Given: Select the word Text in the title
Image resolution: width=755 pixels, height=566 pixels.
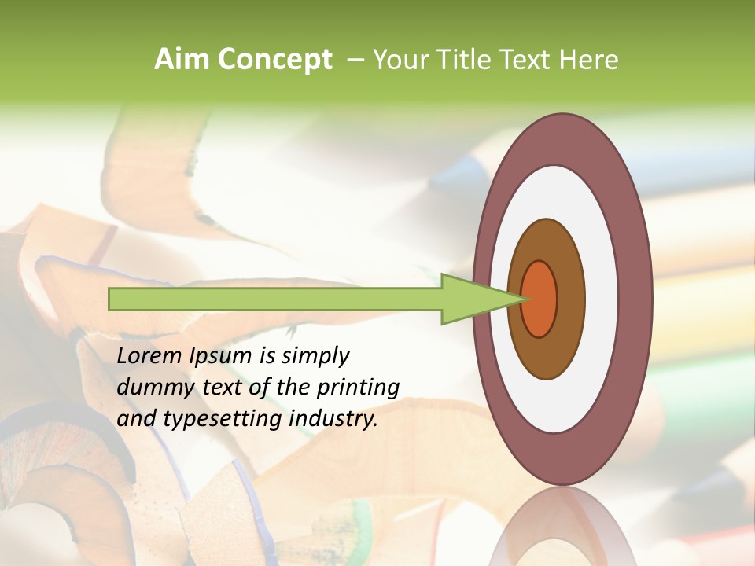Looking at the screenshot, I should pos(525,60).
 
